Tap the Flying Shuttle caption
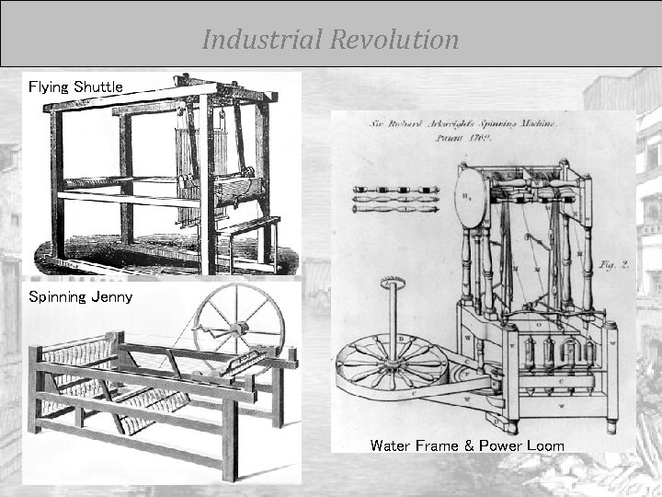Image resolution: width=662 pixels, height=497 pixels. (75, 87)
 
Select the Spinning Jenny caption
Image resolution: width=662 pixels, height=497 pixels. (80, 296)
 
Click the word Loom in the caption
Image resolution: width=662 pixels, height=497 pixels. (545, 445)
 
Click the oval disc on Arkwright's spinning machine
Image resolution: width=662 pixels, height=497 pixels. (470, 198)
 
